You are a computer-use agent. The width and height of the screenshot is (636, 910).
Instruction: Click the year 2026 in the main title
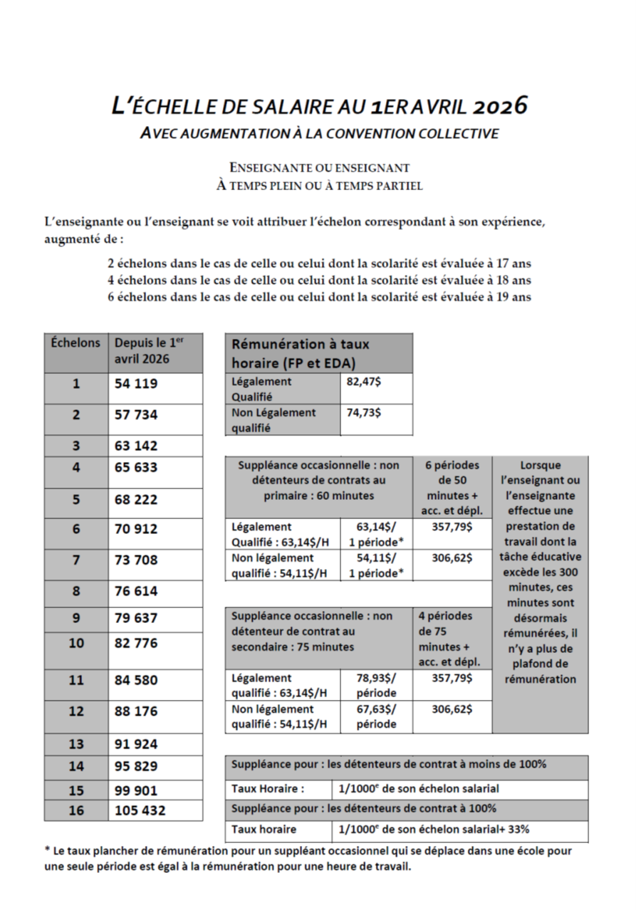(499, 106)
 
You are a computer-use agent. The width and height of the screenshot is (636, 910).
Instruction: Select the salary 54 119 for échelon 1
(136, 383)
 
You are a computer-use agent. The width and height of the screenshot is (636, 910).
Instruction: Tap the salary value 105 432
(140, 810)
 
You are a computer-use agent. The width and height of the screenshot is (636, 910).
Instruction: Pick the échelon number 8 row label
(75, 591)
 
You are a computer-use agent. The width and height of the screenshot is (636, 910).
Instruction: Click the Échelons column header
(75, 342)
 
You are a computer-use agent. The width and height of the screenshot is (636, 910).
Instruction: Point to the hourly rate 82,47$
(364, 382)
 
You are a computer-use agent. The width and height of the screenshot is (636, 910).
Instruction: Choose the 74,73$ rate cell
(364, 413)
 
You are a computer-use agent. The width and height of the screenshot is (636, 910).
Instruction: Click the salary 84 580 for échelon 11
(136, 680)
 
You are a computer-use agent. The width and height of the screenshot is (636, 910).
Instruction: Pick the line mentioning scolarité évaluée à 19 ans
(319, 297)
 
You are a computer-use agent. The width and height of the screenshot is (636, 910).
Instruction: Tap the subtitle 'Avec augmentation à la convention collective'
(319, 133)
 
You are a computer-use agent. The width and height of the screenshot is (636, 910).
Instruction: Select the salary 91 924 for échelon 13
(136, 744)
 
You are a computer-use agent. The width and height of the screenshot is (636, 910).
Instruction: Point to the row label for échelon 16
(75, 810)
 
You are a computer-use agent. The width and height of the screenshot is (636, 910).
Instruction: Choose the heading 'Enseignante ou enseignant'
(319, 168)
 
